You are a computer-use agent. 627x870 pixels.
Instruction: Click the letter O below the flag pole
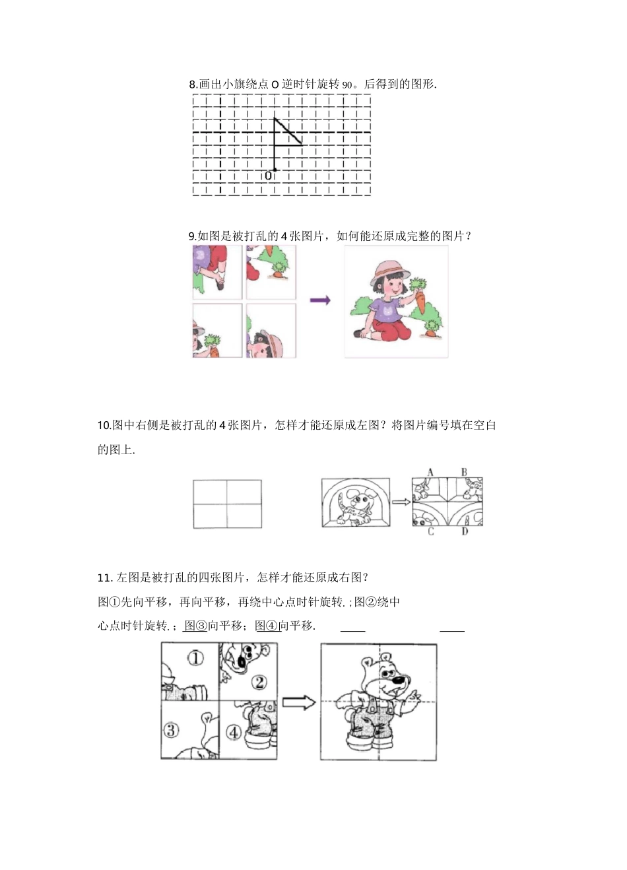[268, 176]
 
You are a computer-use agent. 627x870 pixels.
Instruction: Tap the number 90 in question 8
[348, 84]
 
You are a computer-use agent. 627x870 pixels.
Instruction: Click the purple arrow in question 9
[320, 300]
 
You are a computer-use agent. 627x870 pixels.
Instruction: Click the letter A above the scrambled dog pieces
[430, 472]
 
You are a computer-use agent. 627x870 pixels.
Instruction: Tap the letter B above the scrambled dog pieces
[464, 472]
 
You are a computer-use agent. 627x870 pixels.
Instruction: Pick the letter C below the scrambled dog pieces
[430, 532]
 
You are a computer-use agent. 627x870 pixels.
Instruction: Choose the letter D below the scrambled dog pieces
[465, 532]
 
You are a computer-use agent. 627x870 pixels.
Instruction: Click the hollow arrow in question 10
[401, 502]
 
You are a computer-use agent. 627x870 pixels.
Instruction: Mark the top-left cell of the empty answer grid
[210, 492]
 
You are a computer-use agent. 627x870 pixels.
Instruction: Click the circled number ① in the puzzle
[195, 657]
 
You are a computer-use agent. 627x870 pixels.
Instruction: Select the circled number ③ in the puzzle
[171, 730]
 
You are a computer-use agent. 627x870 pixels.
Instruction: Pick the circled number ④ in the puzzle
[234, 732]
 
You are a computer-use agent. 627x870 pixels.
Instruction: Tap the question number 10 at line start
[104, 425]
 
